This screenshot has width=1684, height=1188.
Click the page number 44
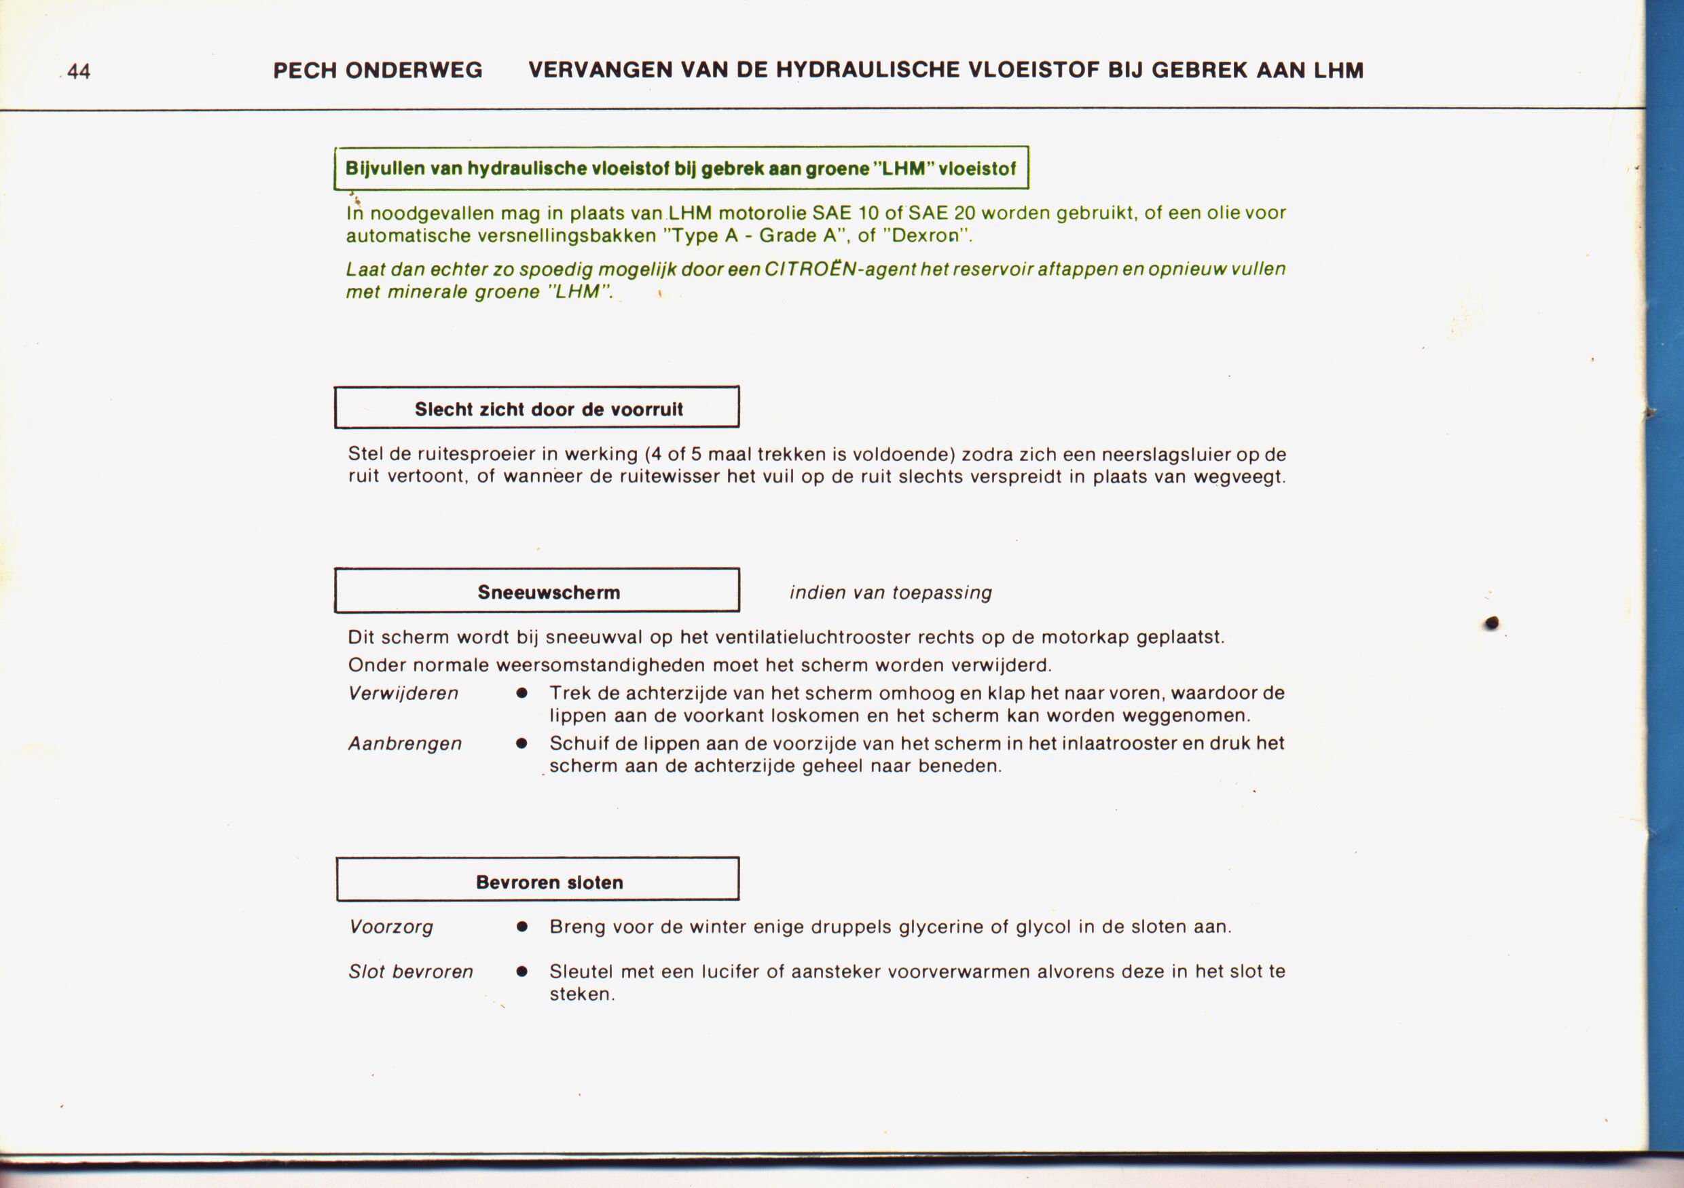(79, 71)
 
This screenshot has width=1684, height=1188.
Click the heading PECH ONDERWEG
(378, 71)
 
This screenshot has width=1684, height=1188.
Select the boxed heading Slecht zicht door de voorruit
(548, 409)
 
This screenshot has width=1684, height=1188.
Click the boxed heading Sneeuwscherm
(549, 592)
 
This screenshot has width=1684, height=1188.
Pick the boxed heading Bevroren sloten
(549, 881)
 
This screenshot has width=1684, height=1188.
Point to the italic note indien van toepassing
(890, 593)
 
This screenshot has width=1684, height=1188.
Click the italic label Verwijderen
(403, 693)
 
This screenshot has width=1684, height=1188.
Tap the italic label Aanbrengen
(405, 743)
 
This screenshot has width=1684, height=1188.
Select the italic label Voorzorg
(391, 927)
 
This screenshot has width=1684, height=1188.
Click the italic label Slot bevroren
(411, 971)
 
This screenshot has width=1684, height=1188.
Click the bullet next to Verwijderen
(521, 693)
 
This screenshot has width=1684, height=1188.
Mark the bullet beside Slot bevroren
(521, 971)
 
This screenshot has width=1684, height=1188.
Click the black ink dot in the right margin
(1492, 623)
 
